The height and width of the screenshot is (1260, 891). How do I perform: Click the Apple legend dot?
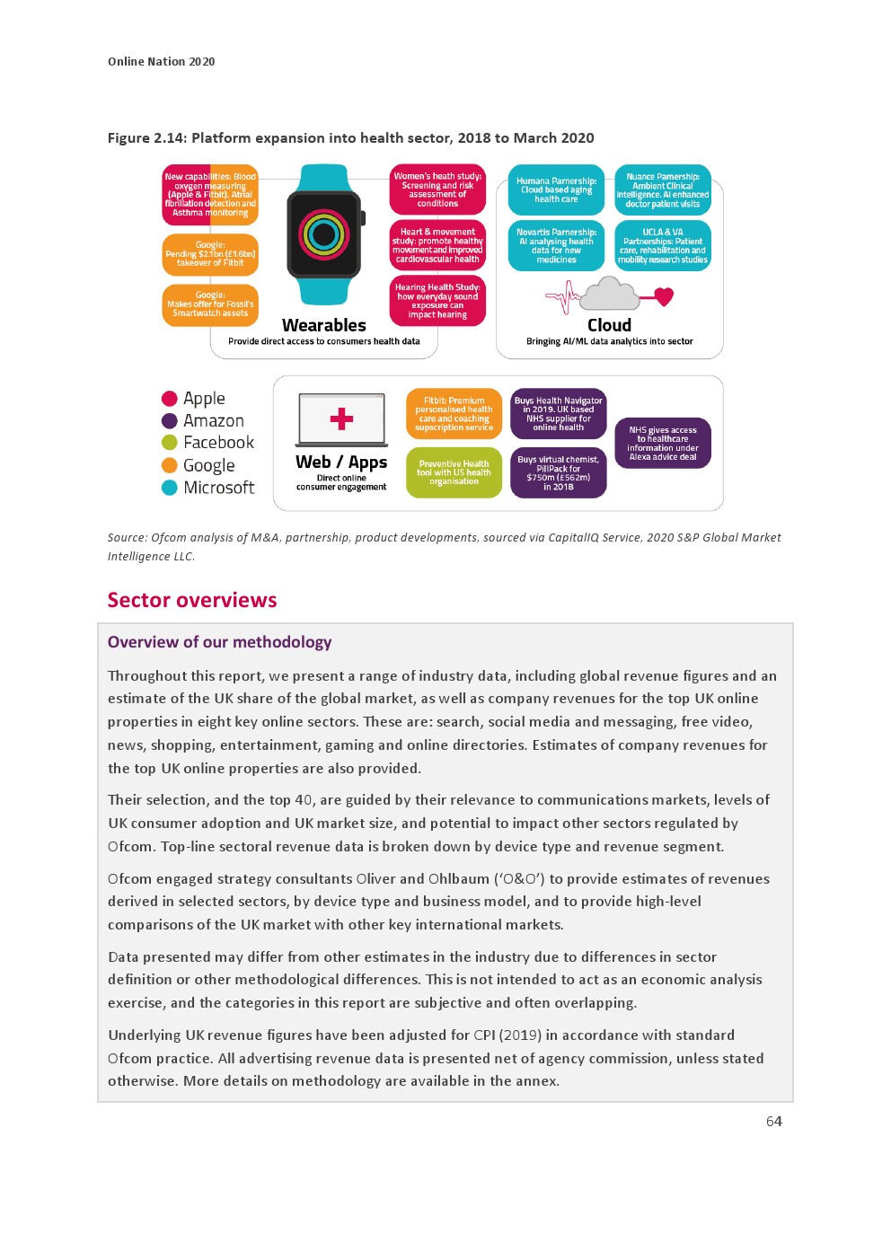click(169, 399)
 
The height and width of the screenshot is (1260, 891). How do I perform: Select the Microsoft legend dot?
click(169, 488)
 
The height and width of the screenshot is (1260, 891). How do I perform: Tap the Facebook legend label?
click(218, 443)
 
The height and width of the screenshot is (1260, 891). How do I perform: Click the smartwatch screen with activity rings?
click(324, 234)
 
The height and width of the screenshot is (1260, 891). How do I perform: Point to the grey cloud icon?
click(610, 294)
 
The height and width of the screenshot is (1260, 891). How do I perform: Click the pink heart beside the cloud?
click(664, 295)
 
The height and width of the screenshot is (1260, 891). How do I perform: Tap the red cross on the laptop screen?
click(341, 419)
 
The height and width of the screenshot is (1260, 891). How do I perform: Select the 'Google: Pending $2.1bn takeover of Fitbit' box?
click(210, 254)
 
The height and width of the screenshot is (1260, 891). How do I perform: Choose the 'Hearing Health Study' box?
click(437, 301)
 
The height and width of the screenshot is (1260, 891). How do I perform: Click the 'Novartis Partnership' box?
click(556, 246)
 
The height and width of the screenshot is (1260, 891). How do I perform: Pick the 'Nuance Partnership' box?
click(663, 190)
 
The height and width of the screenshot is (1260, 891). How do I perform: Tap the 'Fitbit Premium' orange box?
click(454, 414)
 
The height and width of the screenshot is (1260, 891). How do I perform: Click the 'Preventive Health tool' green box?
click(454, 472)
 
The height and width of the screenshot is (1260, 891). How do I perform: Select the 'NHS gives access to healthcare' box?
click(663, 444)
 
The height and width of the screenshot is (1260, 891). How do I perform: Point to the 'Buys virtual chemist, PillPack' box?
click(558, 472)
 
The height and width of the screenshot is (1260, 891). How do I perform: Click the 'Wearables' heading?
click(324, 325)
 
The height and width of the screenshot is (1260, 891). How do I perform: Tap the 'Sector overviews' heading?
click(192, 600)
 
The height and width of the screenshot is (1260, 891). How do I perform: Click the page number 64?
click(773, 1121)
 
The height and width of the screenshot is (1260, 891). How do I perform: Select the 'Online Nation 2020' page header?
click(162, 62)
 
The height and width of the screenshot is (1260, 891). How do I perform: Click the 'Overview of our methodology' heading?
click(219, 642)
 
